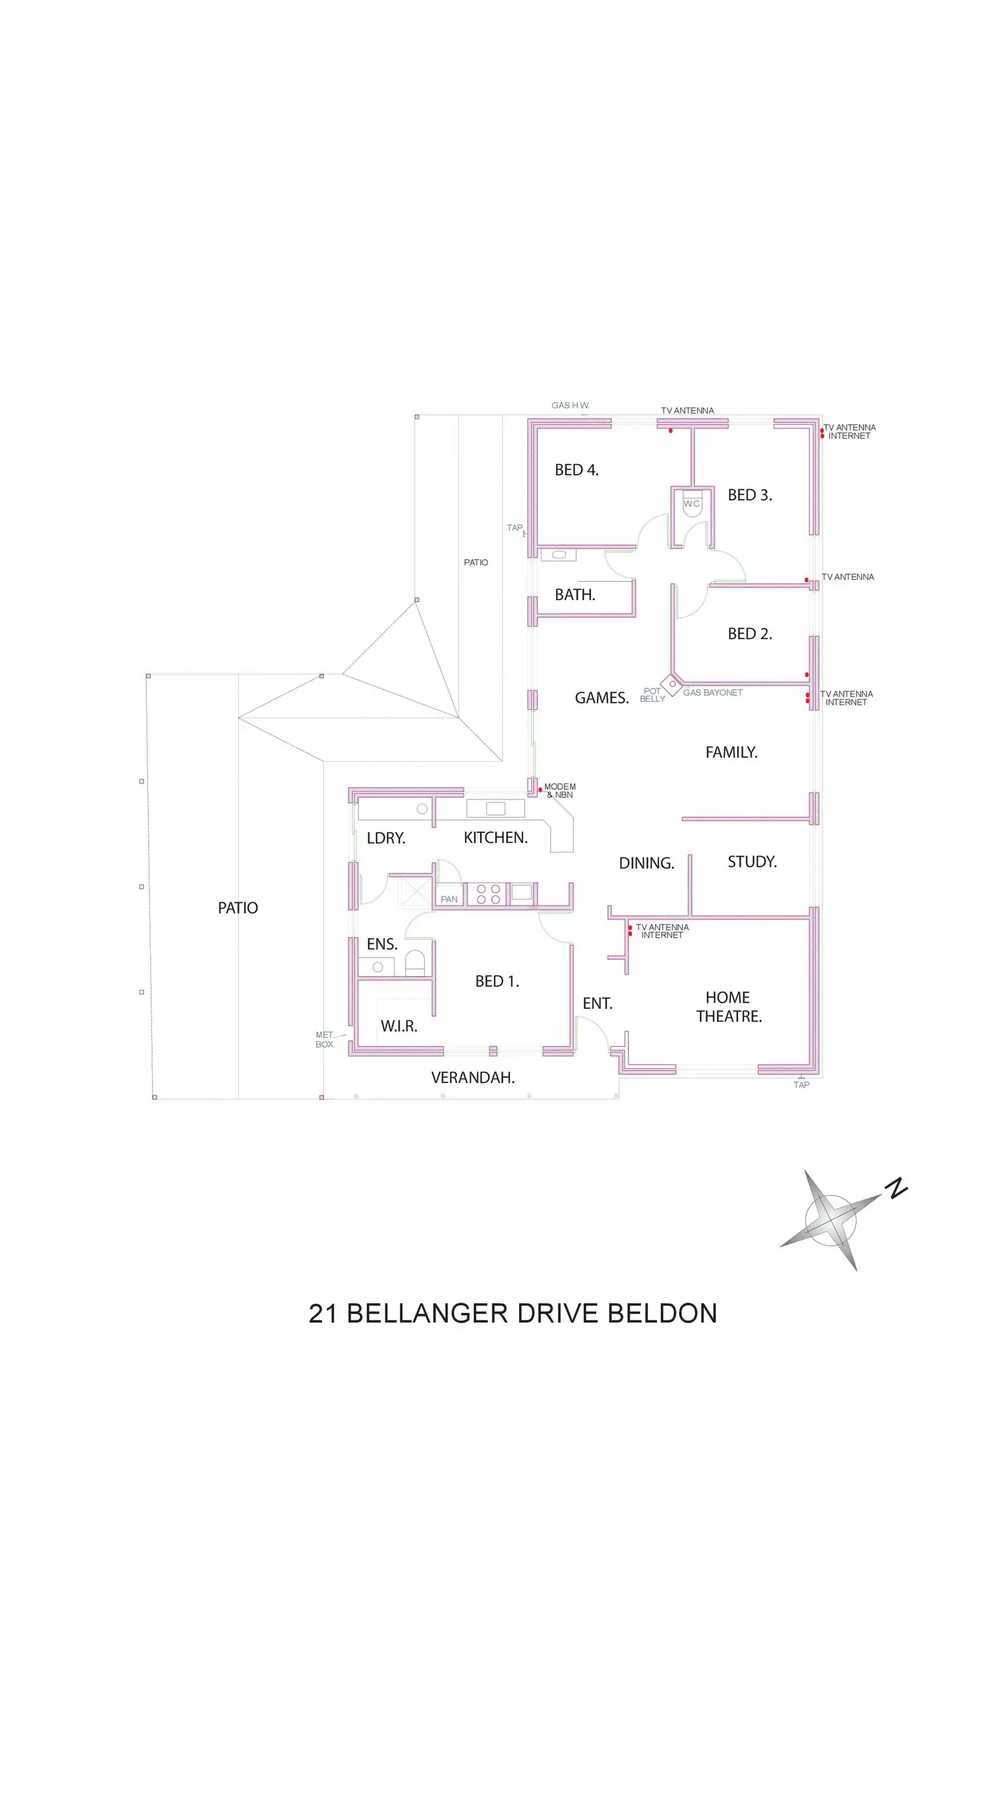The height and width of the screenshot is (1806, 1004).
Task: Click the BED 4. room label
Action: click(x=576, y=470)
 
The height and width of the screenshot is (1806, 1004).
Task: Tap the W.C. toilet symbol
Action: click(x=692, y=507)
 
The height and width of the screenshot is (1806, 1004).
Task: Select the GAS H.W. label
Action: click(x=570, y=405)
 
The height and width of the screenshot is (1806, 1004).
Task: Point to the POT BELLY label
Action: click(x=652, y=695)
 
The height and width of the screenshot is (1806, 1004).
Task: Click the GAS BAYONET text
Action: click(x=712, y=693)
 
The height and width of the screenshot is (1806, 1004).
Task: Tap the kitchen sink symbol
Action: click(x=496, y=808)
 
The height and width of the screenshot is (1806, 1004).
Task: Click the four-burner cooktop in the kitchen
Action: click(x=488, y=894)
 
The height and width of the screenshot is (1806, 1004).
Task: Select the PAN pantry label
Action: click(x=449, y=899)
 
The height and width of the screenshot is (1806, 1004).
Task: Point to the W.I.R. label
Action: click(x=399, y=1026)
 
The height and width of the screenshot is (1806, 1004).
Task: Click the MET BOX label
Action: click(x=324, y=1039)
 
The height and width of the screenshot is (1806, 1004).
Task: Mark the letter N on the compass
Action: click(x=896, y=1188)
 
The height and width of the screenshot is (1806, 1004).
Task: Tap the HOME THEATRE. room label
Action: click(x=728, y=1007)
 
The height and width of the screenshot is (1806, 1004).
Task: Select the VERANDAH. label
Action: click(x=473, y=1078)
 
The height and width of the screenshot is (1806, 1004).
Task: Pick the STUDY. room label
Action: click(x=752, y=861)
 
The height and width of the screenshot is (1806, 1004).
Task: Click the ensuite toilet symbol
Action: click(x=415, y=962)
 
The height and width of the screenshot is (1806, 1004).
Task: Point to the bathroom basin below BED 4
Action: click(x=559, y=554)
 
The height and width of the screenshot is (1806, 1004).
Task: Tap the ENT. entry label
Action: click(x=597, y=1003)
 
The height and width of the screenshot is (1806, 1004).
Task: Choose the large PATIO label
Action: click(x=237, y=908)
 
